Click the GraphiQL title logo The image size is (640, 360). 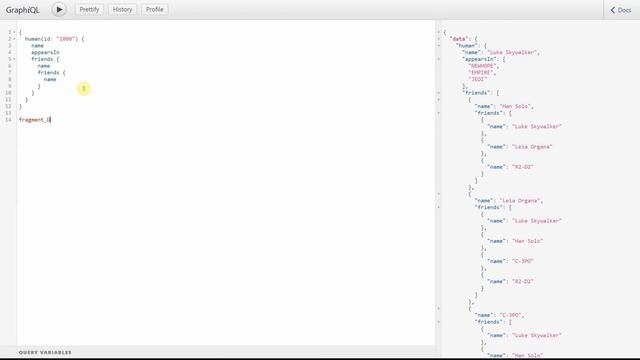click(x=24, y=9)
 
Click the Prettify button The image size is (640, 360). click(x=89, y=9)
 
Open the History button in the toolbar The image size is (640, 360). click(x=122, y=9)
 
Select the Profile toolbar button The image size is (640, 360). click(x=154, y=9)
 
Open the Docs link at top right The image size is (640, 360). click(x=620, y=9)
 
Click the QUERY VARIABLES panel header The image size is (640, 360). click(x=45, y=352)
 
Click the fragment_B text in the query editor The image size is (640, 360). click(x=35, y=119)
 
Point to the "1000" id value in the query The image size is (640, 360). click(x=68, y=39)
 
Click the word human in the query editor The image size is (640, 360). click(x=34, y=39)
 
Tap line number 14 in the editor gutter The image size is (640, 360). click(x=9, y=119)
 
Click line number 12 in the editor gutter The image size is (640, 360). click(x=9, y=106)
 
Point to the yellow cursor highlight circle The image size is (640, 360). click(x=84, y=88)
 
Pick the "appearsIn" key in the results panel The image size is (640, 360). click(x=477, y=59)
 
